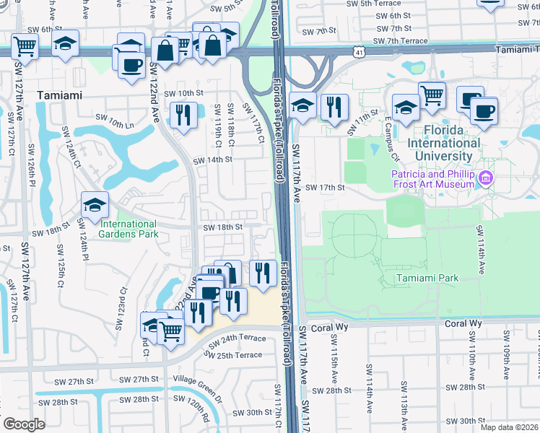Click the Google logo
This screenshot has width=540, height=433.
click(24, 424)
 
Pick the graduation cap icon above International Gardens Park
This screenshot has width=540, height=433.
click(95, 206)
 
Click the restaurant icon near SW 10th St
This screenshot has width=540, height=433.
click(183, 113)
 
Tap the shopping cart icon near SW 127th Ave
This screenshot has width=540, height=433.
click(25, 46)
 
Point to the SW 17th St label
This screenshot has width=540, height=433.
click(326, 187)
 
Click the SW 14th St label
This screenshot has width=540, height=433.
click(212, 160)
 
